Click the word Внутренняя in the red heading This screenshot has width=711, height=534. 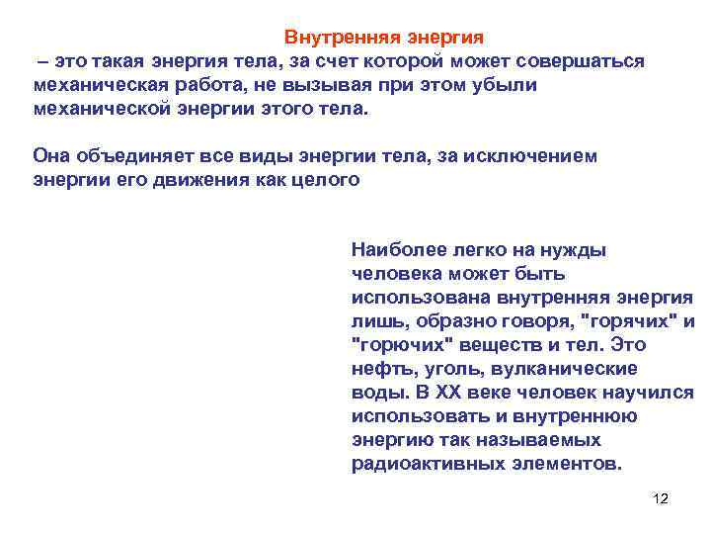coord(332,38)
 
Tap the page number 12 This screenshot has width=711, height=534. coord(661,498)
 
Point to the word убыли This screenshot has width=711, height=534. coord(505,85)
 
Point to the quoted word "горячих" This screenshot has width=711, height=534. coord(627,321)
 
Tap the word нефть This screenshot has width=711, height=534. coord(377,369)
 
